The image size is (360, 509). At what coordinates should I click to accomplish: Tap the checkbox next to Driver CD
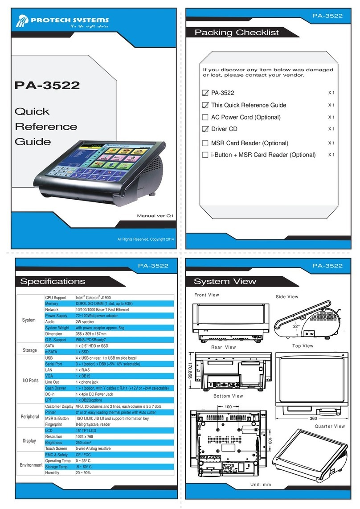[205, 129]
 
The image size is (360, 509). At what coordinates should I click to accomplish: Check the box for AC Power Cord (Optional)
[205, 117]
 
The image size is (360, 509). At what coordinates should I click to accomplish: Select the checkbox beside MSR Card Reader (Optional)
[205, 143]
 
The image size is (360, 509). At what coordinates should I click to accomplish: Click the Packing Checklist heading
[237, 33]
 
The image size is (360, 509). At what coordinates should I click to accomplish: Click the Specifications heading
[53, 281]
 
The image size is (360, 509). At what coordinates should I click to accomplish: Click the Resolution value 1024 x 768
[87, 437]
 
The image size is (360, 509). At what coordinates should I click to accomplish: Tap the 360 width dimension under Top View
[314, 418]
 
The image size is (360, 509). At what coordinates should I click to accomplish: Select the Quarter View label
[330, 426]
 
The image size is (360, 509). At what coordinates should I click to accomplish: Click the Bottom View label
[228, 396]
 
